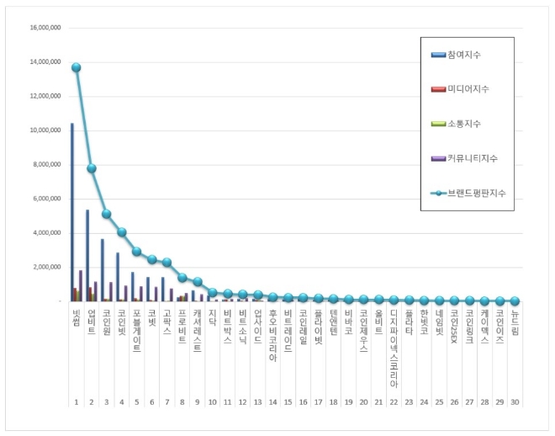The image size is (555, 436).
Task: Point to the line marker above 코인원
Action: pos(106,214)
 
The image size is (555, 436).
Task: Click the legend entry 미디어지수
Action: pos(472,89)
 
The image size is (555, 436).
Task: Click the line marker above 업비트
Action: pos(91,168)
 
